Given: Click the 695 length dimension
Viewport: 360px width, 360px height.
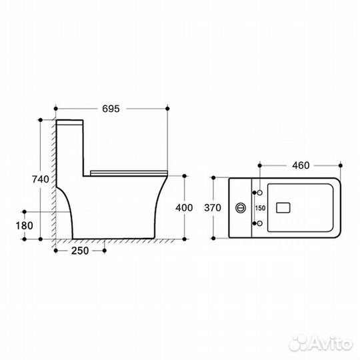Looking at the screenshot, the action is (x=111, y=109).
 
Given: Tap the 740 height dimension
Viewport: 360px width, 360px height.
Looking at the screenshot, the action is (x=41, y=179).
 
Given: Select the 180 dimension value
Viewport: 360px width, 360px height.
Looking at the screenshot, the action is (x=25, y=225).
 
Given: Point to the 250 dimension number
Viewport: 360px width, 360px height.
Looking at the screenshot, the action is (x=80, y=251).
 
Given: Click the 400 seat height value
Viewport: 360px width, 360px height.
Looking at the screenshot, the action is (x=184, y=208).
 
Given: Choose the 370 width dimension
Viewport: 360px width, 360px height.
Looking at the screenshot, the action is (x=213, y=208).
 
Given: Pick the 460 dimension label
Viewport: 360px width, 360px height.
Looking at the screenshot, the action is (x=301, y=165).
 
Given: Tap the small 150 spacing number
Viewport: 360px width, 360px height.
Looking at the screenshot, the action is (x=261, y=208).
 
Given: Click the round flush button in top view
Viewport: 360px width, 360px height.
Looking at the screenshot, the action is (x=241, y=208).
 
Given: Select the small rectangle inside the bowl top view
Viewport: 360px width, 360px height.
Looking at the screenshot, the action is (x=283, y=208).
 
